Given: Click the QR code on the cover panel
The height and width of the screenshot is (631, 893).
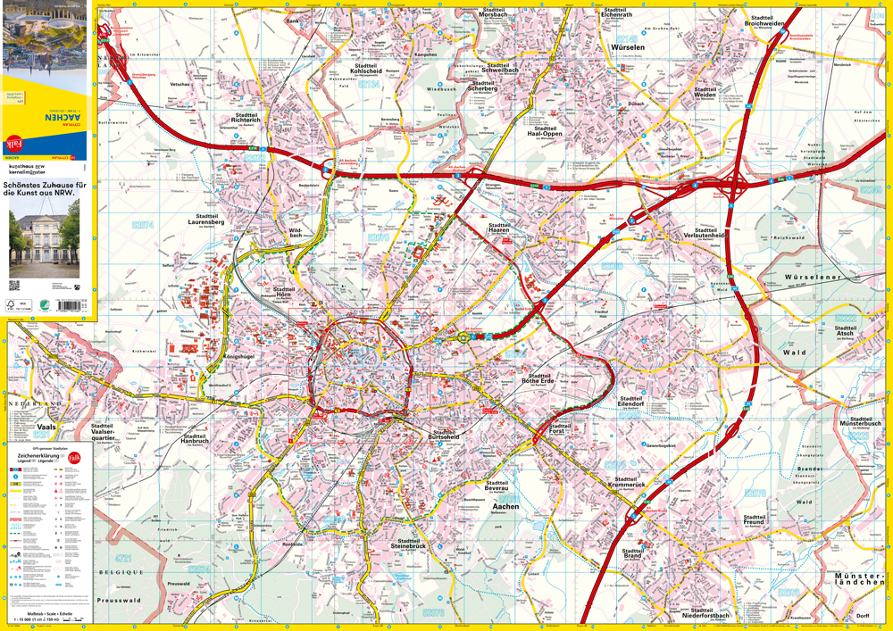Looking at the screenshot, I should click(x=14, y=286).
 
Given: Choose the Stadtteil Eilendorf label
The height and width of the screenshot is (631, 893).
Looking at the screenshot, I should click(x=630, y=402).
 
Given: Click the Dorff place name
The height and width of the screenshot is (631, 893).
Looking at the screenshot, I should click(x=862, y=616).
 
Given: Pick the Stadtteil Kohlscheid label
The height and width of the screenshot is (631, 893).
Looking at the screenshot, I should click(x=365, y=70).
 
